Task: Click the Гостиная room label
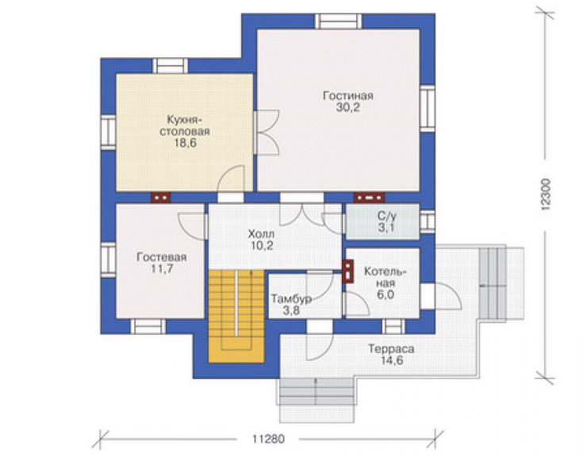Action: [348, 96]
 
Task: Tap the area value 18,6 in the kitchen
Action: [185, 143]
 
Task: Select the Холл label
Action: [261, 235]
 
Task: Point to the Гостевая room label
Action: [161, 258]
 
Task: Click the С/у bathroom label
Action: [387, 216]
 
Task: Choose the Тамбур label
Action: [291, 299]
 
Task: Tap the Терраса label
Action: [391, 349]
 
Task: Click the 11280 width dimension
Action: [268, 439]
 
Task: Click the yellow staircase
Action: [236, 316]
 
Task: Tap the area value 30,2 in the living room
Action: [348, 108]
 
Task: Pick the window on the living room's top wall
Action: [339, 21]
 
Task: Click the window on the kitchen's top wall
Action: [171, 66]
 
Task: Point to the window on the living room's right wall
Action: [428, 108]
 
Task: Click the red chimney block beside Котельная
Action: [348, 270]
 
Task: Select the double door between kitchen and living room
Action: [267, 132]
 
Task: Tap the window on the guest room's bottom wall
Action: [148, 327]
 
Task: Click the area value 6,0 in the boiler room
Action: [386, 295]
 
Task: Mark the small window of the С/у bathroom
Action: [428, 221]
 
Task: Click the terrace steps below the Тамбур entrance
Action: [317, 392]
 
